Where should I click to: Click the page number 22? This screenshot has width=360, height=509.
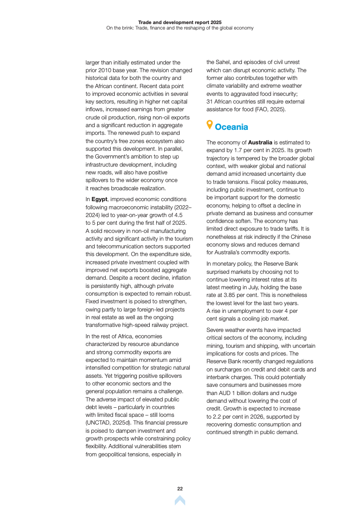[180, 489]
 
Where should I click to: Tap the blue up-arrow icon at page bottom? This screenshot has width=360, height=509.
[180, 500]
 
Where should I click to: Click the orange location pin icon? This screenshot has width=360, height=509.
[209, 124]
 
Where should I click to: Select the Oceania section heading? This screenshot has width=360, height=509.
[232, 127]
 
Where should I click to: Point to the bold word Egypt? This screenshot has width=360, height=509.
[99, 199]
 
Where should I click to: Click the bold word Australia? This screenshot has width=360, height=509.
[260, 143]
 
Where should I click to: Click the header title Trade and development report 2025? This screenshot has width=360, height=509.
[180, 22]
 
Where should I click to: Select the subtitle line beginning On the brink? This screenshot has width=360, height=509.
[180, 28]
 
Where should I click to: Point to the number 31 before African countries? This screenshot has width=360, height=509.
[210, 102]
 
